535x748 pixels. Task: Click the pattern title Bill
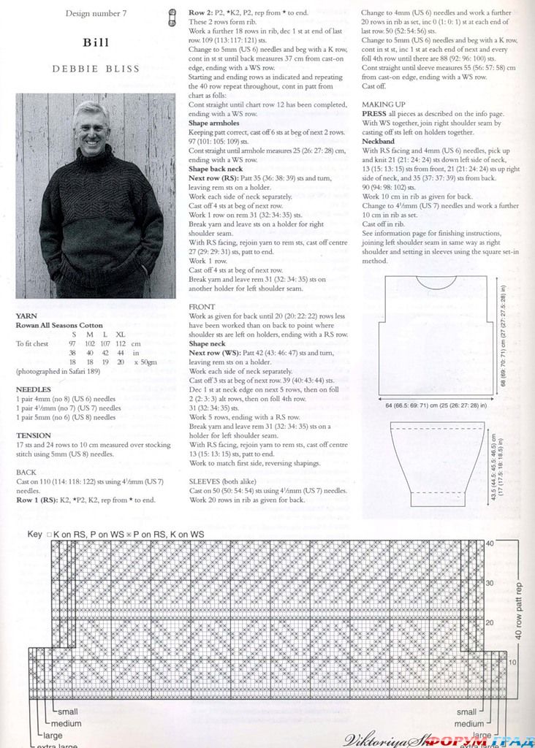(96, 42)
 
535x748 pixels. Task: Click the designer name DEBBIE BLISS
(96, 69)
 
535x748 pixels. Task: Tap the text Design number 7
(96, 14)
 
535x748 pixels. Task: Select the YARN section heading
(26, 316)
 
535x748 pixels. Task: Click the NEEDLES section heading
(33, 389)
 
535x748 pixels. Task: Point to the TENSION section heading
(33, 435)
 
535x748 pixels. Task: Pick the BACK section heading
(26, 473)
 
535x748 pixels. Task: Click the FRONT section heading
(202, 307)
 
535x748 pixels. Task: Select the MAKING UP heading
(384, 104)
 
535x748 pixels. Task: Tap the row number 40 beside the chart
(490, 543)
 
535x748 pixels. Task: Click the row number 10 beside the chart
(512, 662)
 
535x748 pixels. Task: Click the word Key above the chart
(35, 534)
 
